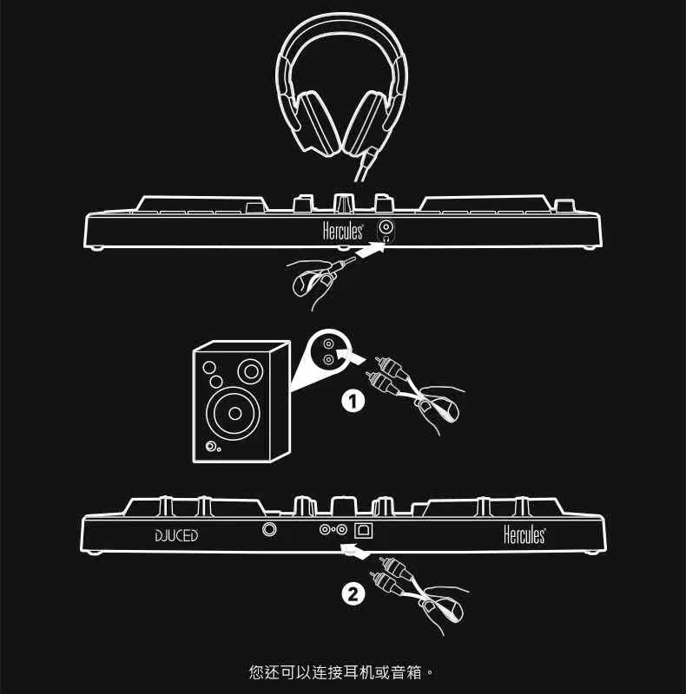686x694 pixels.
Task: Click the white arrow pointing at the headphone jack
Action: pos(369,252)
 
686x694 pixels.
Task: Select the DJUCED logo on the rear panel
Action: pos(176,535)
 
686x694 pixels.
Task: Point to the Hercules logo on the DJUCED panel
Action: pos(524,535)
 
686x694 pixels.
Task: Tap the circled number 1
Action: pos(352,402)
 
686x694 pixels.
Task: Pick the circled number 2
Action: pos(352,594)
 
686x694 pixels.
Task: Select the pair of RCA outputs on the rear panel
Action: pos(334,529)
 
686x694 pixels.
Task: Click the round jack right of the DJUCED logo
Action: pos(272,528)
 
